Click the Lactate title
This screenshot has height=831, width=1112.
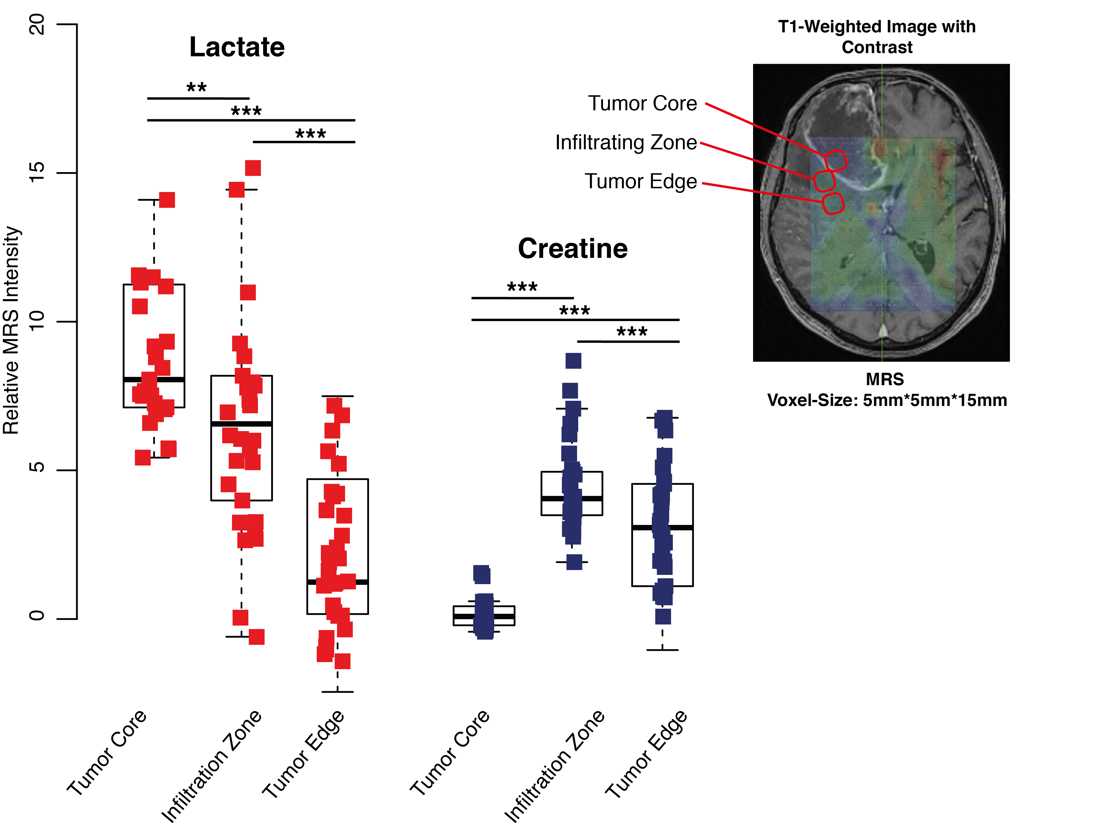pyautogui.click(x=237, y=47)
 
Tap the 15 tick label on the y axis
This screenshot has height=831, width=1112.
pyautogui.click(x=37, y=173)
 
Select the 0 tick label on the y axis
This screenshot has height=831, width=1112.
pyautogui.click(x=37, y=616)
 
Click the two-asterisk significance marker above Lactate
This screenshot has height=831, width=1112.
pyautogui.click(x=196, y=87)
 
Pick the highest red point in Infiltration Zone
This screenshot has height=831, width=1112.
pyautogui.click(x=253, y=168)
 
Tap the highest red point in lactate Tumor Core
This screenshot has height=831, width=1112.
pyautogui.click(x=167, y=200)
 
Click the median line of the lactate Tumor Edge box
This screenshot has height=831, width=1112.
pyautogui.click(x=337, y=582)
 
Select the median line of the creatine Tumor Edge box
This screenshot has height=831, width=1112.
pyautogui.click(x=662, y=527)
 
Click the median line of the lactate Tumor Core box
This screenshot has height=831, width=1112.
pyautogui.click(x=154, y=379)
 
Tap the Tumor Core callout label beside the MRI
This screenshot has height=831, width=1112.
pyautogui.click(x=643, y=104)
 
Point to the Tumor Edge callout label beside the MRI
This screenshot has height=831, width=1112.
pyautogui.click(x=641, y=182)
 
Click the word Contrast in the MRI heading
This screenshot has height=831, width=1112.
pyautogui.click(x=877, y=47)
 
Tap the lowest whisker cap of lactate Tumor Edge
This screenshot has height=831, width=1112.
pyautogui.click(x=337, y=692)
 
